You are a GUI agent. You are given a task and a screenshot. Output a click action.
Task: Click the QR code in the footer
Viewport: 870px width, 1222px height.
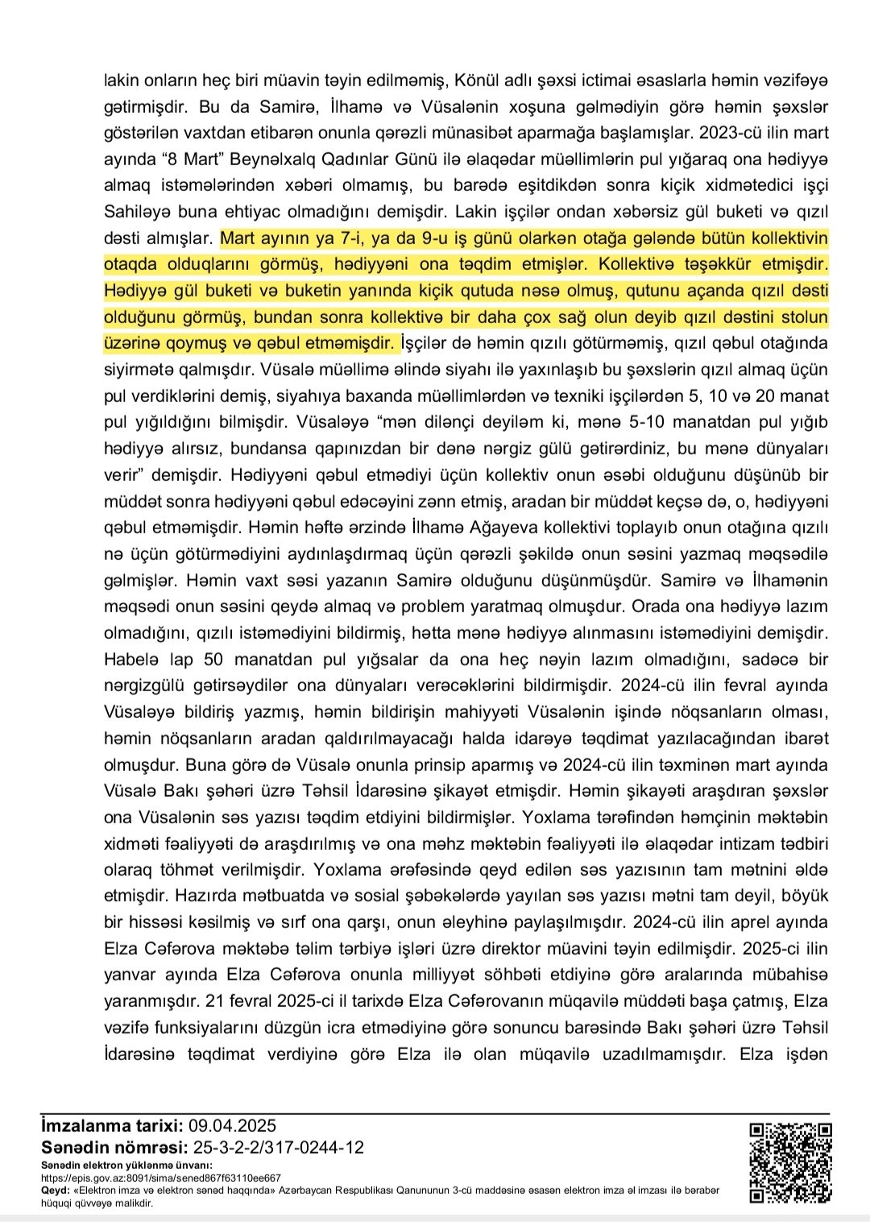coord(790,1162)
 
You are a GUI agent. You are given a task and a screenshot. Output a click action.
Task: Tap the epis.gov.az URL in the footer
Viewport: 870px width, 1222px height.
coord(161,1177)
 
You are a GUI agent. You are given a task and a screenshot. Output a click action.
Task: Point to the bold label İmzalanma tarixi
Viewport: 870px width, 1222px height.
coord(113,1126)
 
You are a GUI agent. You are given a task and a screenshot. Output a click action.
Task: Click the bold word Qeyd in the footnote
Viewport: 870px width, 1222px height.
coord(56,1190)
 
